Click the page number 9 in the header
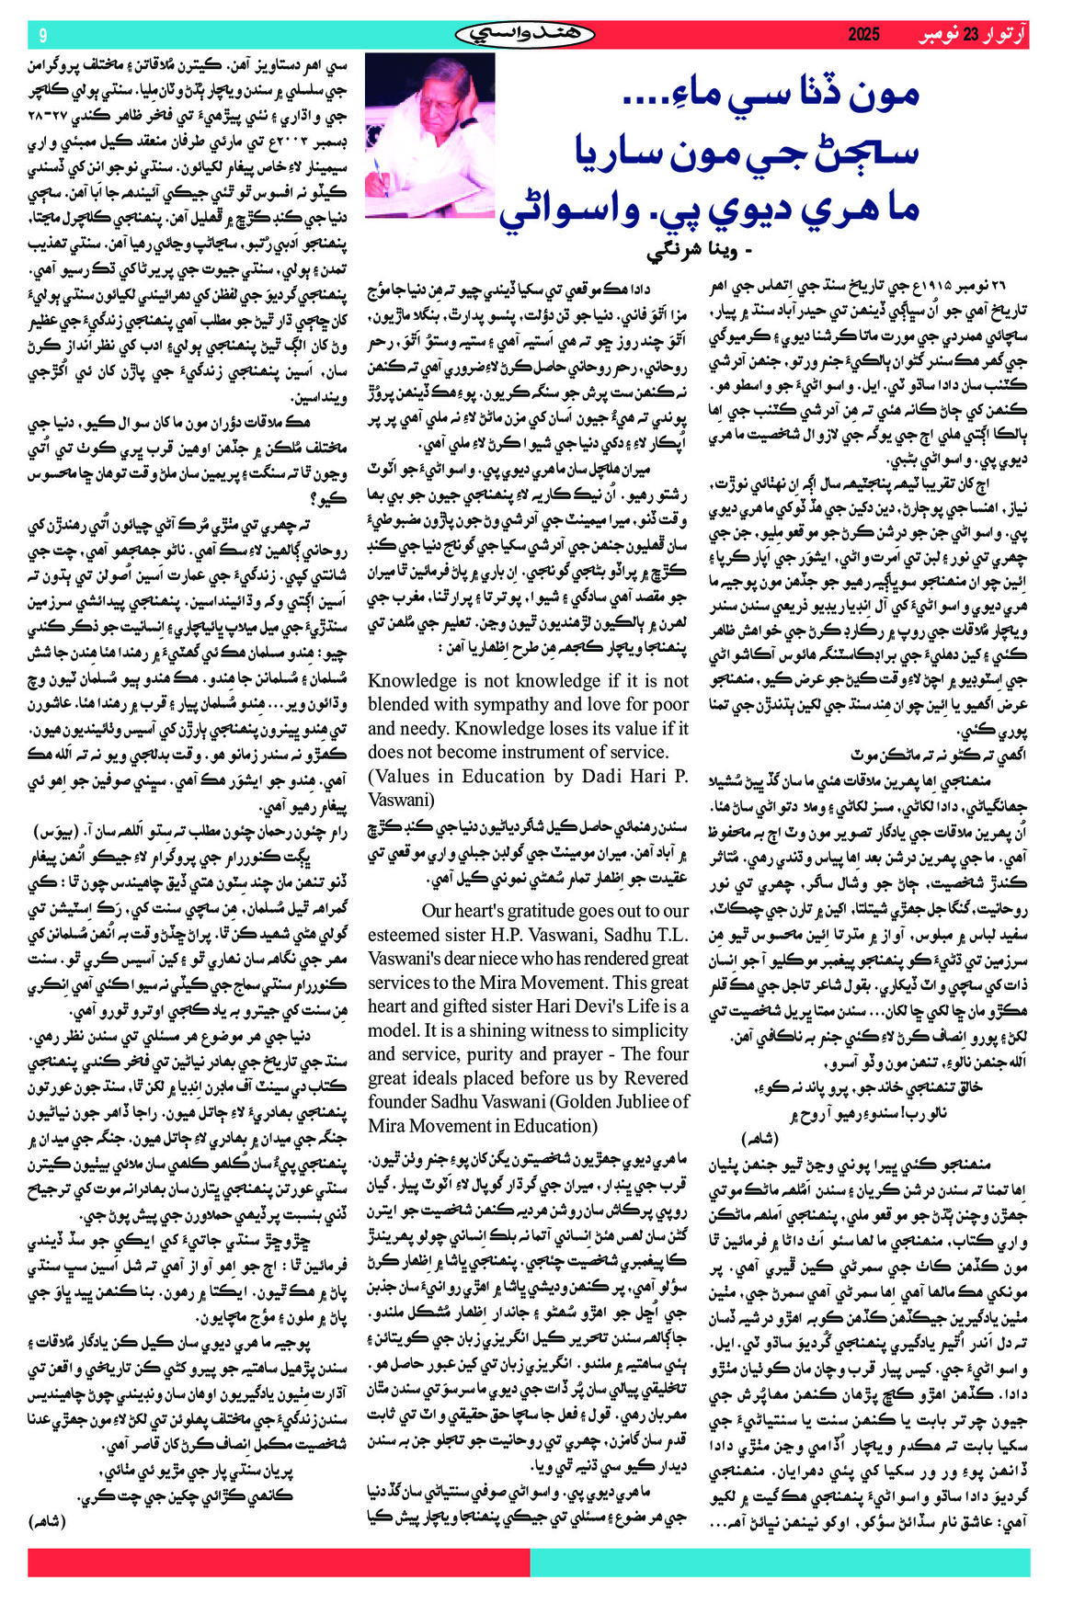tap(42, 35)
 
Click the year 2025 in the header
tap(863, 35)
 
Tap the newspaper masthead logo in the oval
tap(525, 35)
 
